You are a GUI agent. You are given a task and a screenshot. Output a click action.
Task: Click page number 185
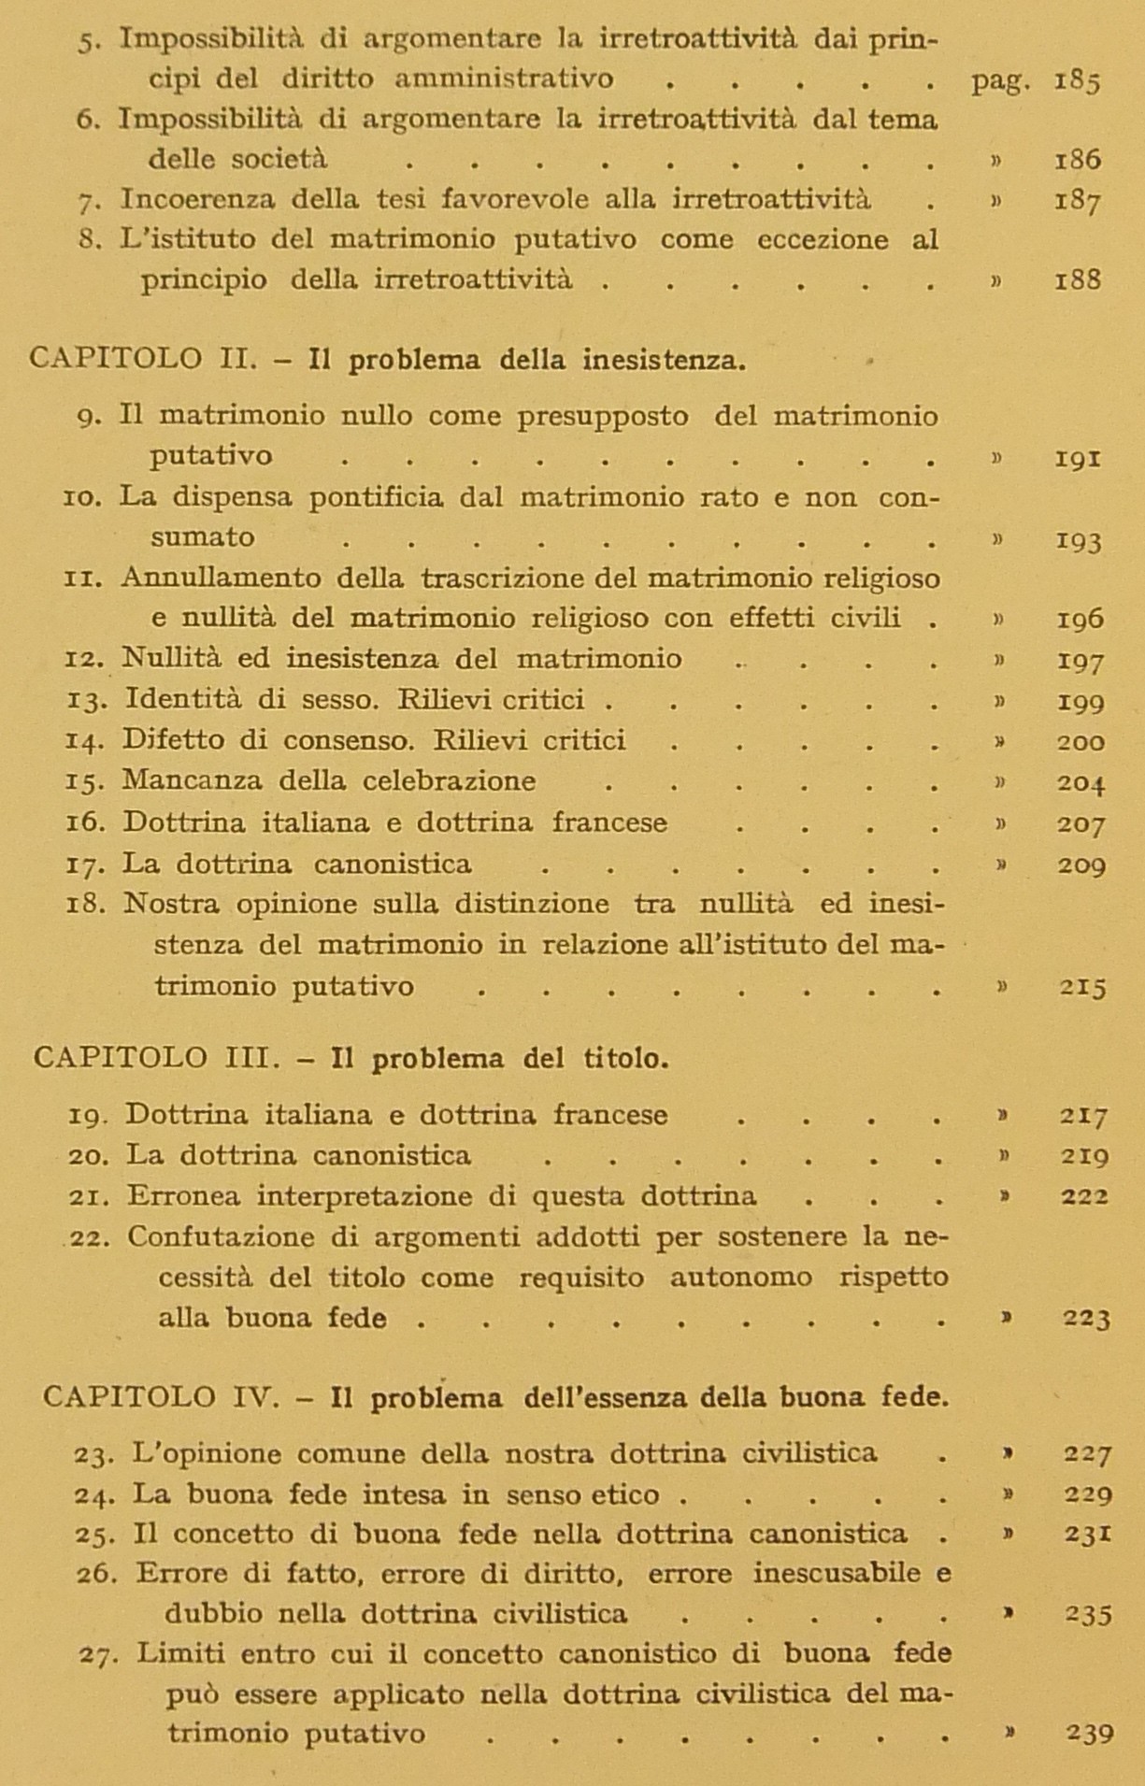[x=1077, y=80]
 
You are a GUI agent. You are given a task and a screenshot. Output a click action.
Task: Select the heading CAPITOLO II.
[x=142, y=360]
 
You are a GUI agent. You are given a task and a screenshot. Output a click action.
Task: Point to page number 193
[x=1079, y=540]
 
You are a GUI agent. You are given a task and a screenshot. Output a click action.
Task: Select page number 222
[x=1084, y=1196]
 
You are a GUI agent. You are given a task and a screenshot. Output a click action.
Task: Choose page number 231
[x=1087, y=1535]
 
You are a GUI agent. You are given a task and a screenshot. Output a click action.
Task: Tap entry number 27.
[x=97, y=1655]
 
